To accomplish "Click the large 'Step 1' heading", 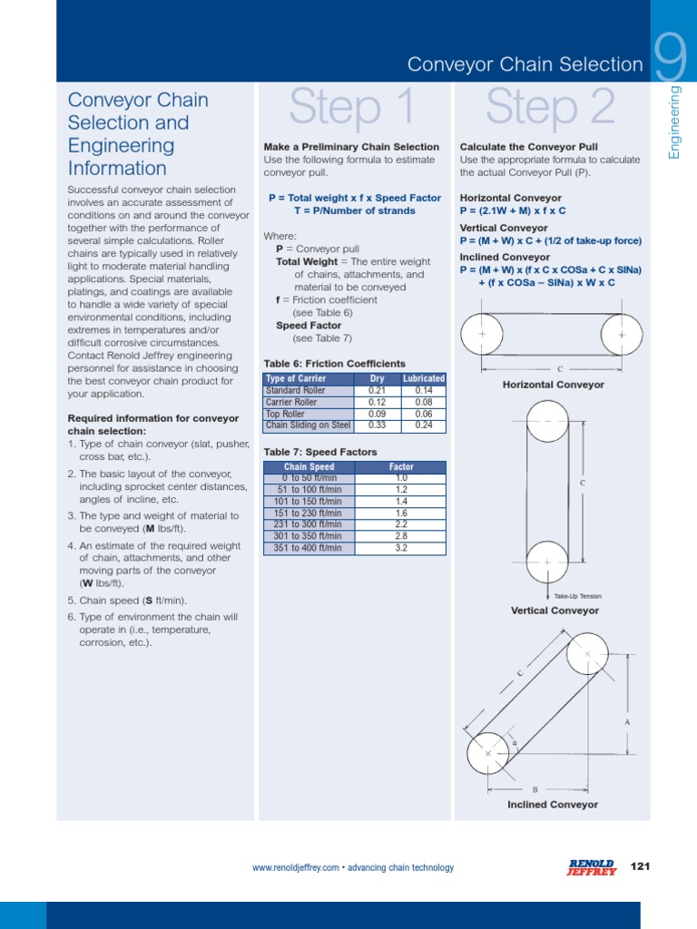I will (351, 108).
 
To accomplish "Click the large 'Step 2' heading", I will (550, 108).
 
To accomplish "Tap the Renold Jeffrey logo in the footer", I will (591, 867).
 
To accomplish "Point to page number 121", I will (640, 866).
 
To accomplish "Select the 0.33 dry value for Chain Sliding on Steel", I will (377, 425).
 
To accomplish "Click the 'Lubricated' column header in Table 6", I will (423, 378).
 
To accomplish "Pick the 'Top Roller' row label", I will (286, 414).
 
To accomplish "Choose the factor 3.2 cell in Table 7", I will (401, 548).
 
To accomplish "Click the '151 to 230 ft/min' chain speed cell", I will (309, 513).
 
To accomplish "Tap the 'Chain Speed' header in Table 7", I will (309, 467).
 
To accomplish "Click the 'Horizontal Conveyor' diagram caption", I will (553, 385).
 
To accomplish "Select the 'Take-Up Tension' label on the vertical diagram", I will (577, 596).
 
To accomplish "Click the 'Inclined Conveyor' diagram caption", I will (552, 805).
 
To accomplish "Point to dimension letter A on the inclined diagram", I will (627, 722).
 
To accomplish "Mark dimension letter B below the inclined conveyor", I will (535, 789).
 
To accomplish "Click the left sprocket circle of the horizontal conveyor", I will (482, 335).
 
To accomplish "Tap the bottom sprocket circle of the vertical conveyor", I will (547, 565).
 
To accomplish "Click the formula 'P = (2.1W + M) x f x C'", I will (513, 210).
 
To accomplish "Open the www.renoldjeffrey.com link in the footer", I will (295, 868).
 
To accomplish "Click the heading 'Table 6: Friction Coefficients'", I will (334, 364).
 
